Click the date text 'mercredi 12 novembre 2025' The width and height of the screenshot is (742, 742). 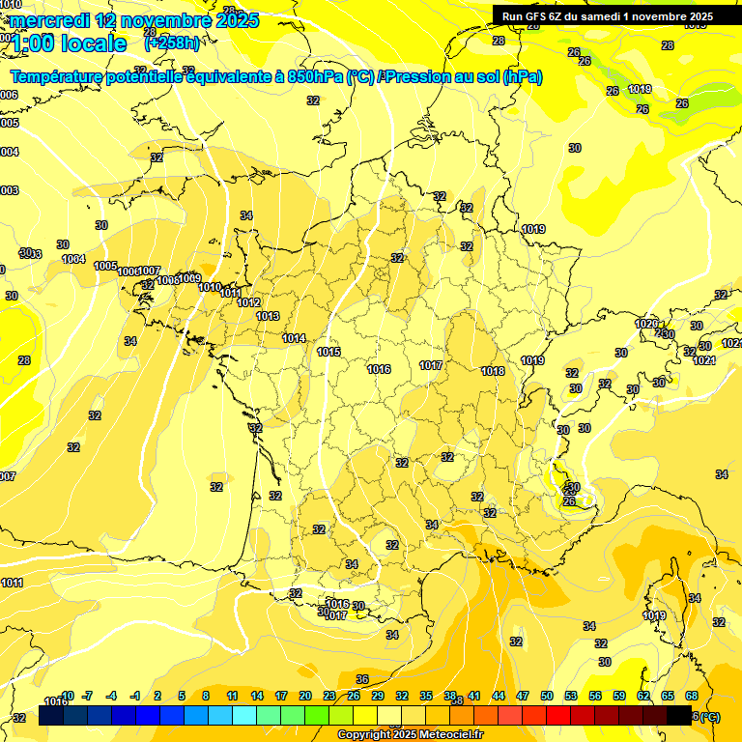point(134,20)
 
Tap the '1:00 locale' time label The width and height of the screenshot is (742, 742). point(69,43)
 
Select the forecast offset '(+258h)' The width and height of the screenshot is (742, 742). point(171,43)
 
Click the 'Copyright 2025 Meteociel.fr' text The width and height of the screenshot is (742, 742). point(410,735)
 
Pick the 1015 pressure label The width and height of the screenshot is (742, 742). point(328,352)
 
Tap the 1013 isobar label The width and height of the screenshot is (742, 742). point(268,316)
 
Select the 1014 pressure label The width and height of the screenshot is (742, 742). point(294,338)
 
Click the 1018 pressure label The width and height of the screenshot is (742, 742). point(493,371)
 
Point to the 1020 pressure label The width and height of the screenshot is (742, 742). point(646,324)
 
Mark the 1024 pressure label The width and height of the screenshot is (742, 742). point(703,360)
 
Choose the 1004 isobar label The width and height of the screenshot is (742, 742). point(73,259)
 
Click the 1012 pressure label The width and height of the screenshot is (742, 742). point(248,302)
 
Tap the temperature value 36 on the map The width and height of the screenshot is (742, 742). point(362,679)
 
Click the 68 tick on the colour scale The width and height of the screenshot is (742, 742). point(692,696)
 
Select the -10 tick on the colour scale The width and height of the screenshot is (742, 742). point(66,696)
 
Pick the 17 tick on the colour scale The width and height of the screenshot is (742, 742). point(281,696)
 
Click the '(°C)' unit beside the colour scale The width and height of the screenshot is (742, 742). point(708,716)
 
